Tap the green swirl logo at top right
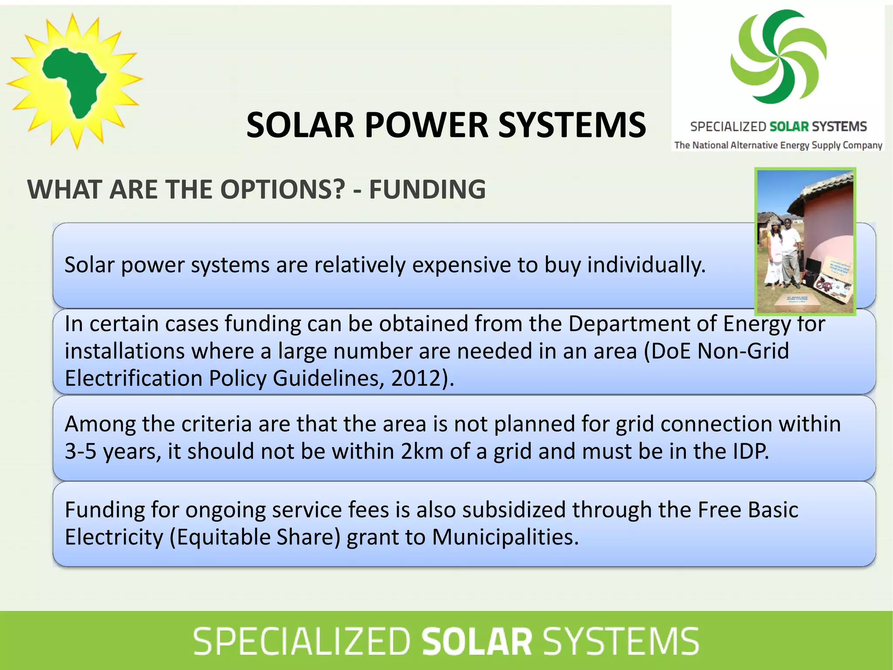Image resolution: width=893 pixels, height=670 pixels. [778, 57]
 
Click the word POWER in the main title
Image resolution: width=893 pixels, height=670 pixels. [426, 125]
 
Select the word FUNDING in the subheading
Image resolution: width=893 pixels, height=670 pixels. [427, 189]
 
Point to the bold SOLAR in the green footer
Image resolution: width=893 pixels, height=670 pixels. [477, 641]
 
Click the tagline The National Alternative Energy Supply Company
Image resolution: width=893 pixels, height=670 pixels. [778, 145]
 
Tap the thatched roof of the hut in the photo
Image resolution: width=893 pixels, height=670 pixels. [828, 188]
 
